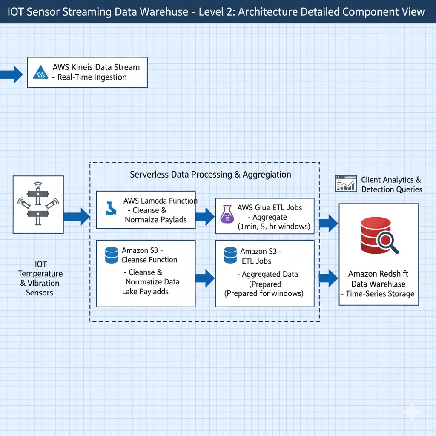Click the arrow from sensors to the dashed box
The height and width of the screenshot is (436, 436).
tap(77, 216)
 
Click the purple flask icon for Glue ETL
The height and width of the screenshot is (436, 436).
tap(227, 214)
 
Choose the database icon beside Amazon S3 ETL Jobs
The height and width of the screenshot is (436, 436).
tap(230, 255)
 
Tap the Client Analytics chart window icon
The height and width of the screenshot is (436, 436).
tap(345, 183)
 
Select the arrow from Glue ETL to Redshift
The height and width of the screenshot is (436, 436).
tap(328, 223)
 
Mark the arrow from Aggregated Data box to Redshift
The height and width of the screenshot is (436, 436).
tap(328, 278)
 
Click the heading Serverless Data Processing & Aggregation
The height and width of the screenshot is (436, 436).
tap(210, 175)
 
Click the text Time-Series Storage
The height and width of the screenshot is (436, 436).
tap(378, 294)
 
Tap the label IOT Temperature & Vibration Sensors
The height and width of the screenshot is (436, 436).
tap(40, 278)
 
